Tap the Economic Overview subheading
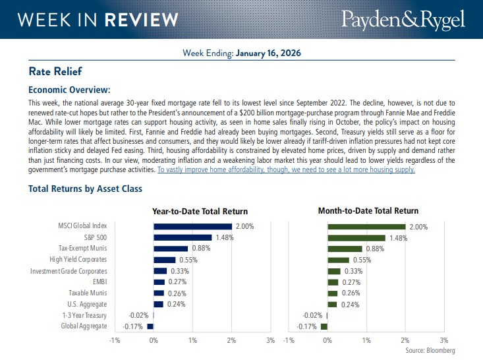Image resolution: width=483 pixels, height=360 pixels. point(69,90)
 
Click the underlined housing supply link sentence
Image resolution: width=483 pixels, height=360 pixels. point(286,169)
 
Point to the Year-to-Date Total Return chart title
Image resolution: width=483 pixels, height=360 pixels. point(200,212)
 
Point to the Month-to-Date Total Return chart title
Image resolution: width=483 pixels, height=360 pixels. point(368,211)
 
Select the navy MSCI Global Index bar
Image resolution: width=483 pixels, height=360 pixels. point(192,226)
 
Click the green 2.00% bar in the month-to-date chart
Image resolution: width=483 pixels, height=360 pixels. point(366,226)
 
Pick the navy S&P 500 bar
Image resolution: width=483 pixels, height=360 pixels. point(183,237)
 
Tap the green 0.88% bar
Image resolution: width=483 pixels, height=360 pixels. point(345,249)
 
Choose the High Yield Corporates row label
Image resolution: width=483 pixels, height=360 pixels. point(78,260)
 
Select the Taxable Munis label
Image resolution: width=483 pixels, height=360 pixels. point(88,293)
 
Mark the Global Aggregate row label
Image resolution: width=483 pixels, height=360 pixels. point(84,326)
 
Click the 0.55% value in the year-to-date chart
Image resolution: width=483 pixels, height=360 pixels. point(189,260)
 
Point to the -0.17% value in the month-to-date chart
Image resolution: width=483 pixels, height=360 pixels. point(307,326)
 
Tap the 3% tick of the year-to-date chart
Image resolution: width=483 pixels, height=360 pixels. point(270,340)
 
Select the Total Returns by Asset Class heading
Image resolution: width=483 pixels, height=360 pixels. point(85,189)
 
